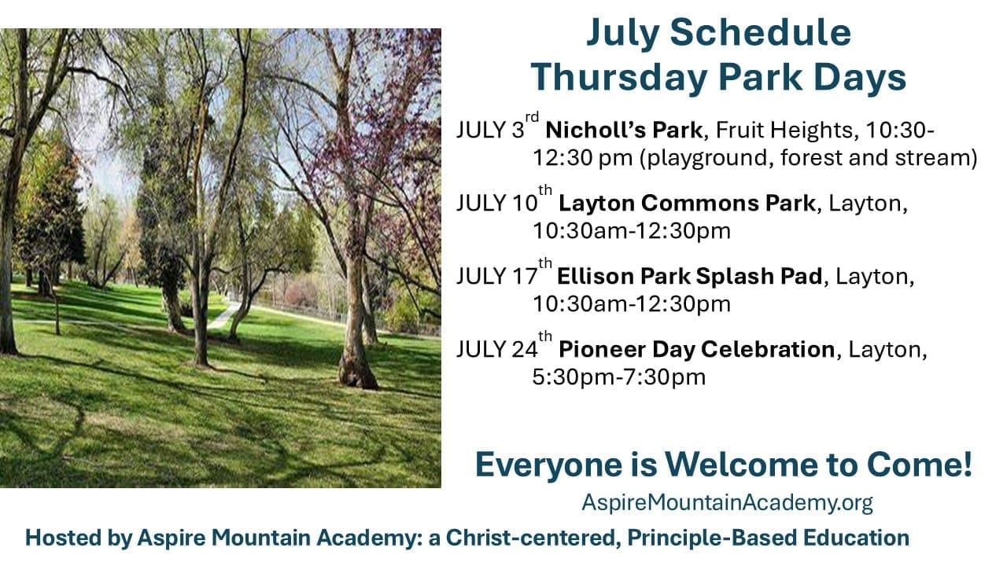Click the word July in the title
(x=622, y=33)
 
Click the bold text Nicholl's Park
(x=624, y=130)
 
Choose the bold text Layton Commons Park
(x=687, y=204)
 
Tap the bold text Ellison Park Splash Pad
(x=690, y=276)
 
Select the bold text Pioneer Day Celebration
(x=697, y=350)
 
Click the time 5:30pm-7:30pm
(x=619, y=377)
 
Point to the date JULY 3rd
(x=497, y=127)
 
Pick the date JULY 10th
(x=504, y=200)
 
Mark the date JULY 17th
(x=504, y=273)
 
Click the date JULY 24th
(x=504, y=346)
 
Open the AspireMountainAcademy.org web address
(x=728, y=502)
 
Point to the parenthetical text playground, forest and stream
(x=809, y=159)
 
